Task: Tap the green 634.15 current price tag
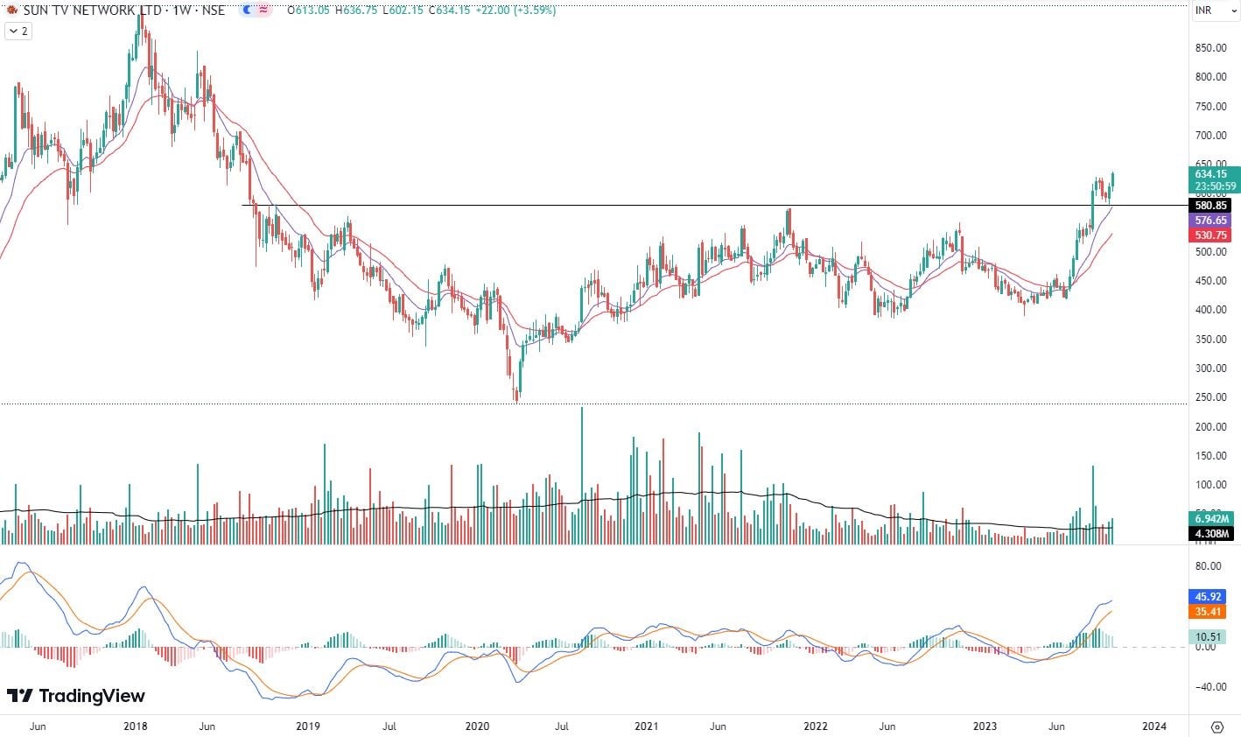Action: tap(1212, 174)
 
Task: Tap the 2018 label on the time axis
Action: tap(135, 726)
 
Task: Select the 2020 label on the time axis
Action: tap(477, 726)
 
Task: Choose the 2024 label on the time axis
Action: tap(1154, 726)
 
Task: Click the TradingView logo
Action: tap(76, 696)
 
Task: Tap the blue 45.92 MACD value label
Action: tap(1207, 597)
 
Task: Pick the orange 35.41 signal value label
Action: tap(1207, 612)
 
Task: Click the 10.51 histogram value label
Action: tap(1207, 636)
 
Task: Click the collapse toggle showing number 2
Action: tap(18, 31)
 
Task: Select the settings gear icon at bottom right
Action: tap(1216, 726)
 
